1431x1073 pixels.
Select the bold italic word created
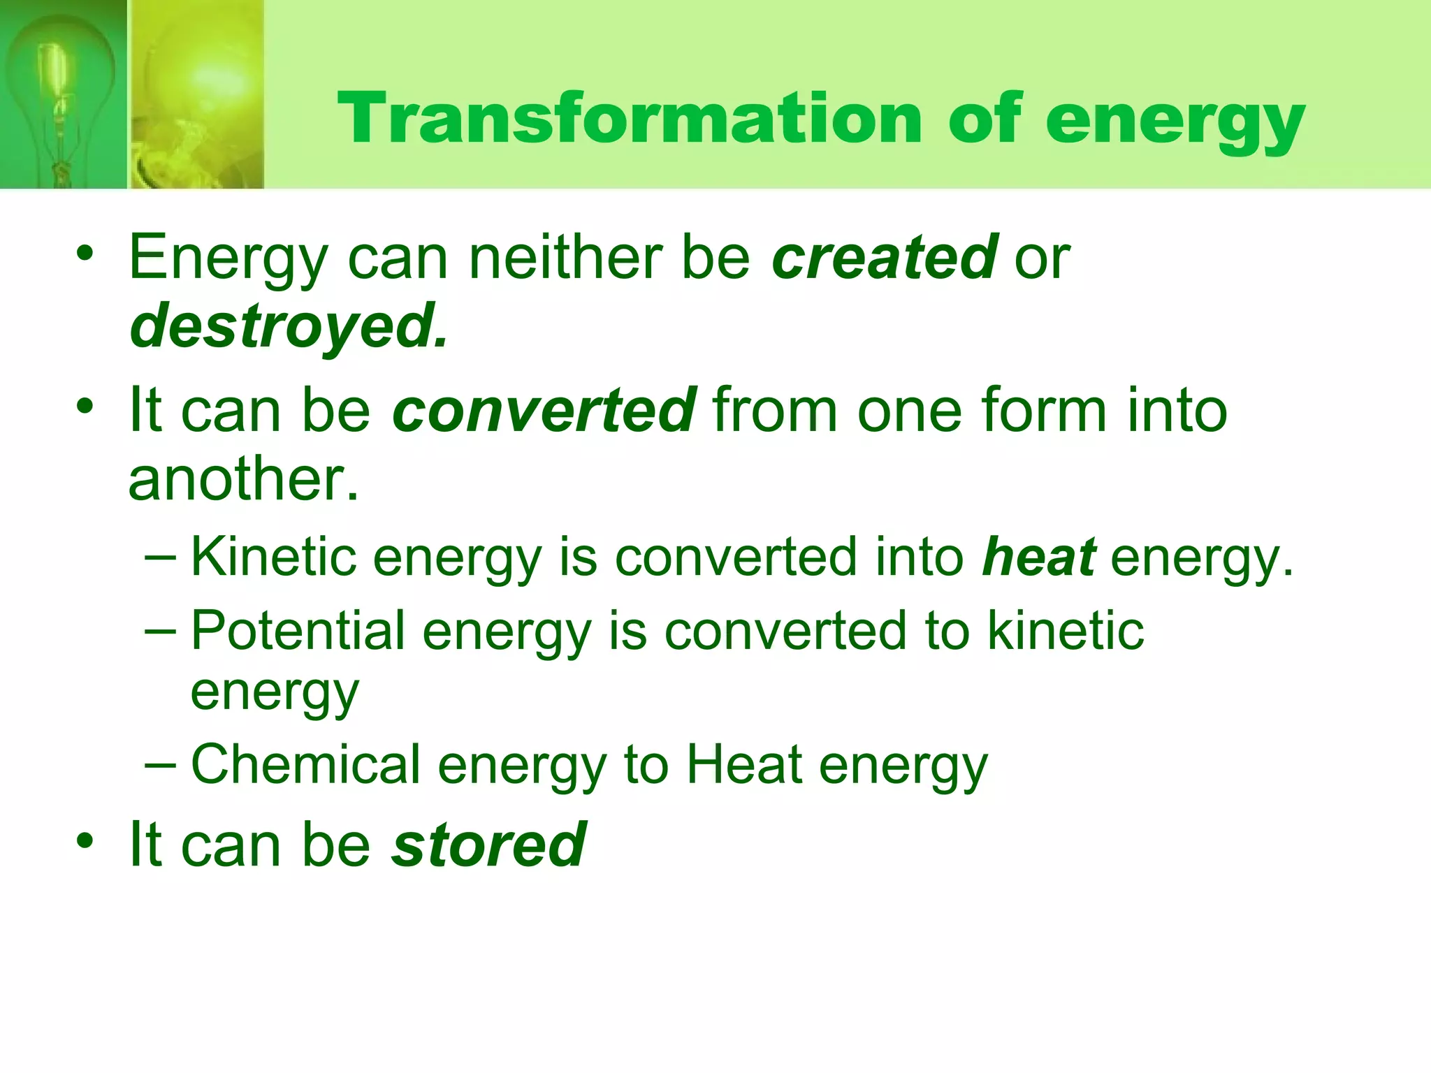click(x=885, y=257)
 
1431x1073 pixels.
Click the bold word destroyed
click(x=288, y=327)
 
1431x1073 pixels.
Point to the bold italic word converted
click(x=544, y=410)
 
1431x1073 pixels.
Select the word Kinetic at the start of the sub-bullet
click(x=273, y=557)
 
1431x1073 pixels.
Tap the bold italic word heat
click(x=1038, y=557)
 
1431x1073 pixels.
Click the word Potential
click(x=298, y=630)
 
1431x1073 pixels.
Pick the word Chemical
click(x=305, y=764)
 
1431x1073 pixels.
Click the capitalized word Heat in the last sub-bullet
click(x=743, y=764)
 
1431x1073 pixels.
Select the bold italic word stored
click(x=488, y=845)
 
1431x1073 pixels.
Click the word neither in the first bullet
click(x=565, y=257)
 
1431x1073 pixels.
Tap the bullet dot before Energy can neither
click(x=85, y=254)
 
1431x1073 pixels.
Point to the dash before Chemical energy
click(x=161, y=764)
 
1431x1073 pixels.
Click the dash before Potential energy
click(x=161, y=630)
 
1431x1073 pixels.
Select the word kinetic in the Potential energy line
click(x=1065, y=630)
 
